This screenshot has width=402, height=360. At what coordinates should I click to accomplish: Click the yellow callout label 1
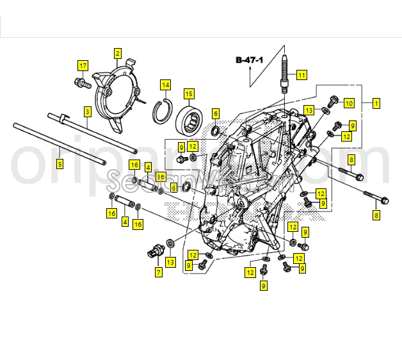[x=376, y=103]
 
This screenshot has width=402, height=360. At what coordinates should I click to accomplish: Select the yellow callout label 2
[x=118, y=53]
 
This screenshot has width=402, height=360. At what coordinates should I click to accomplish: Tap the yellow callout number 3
[x=87, y=111]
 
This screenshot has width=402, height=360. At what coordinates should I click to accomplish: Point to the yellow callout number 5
[x=60, y=164]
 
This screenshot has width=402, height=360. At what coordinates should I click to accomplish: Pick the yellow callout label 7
[x=158, y=272]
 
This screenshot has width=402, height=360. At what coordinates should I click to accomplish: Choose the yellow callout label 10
[x=349, y=103]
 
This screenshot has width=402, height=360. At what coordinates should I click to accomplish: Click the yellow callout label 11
[x=301, y=75]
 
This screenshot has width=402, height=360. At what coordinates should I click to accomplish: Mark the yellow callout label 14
[x=165, y=85]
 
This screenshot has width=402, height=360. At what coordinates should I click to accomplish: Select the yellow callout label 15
[x=189, y=94]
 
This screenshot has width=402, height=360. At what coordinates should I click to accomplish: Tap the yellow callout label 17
[x=83, y=65]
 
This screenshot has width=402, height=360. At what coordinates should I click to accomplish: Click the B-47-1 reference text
[x=249, y=60]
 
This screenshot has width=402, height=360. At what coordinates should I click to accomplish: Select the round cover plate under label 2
[x=117, y=96]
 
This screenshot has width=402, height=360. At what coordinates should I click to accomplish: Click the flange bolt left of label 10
[x=332, y=101]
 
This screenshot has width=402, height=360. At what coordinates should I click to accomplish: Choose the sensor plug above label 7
[x=153, y=251]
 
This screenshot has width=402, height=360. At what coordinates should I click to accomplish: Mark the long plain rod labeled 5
[x=64, y=141]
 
